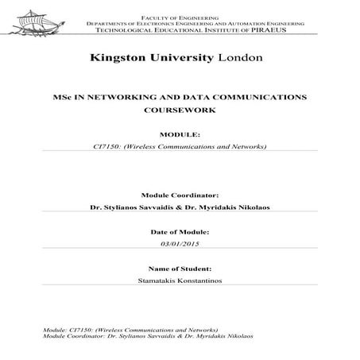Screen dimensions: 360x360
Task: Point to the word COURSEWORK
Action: [179, 112]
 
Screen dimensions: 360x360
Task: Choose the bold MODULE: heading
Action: [178, 134]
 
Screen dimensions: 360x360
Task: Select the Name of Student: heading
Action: [179, 269]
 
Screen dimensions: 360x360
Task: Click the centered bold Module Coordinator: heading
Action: [179, 194]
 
